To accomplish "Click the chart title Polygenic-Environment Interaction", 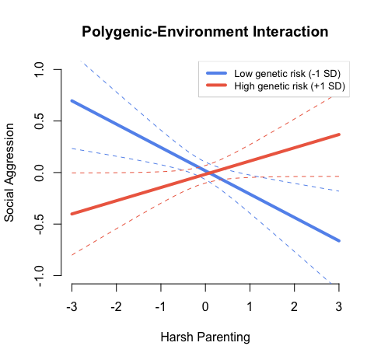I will click(x=205, y=33).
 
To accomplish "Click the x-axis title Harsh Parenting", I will click(x=205, y=338).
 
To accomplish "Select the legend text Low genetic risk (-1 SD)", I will click(x=288, y=73).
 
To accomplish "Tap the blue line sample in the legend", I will click(x=218, y=73).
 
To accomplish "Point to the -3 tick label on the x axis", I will click(x=71, y=306).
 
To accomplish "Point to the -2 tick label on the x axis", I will click(x=115, y=306).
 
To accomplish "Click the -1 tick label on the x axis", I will click(x=159, y=306).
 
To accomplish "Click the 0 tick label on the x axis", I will click(x=205, y=306).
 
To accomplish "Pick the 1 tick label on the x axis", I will click(x=250, y=306).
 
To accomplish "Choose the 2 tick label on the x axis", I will click(x=295, y=306).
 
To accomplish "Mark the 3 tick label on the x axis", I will click(x=339, y=306).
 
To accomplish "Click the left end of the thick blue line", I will click(x=72, y=101).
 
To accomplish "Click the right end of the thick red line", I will click(x=339, y=135).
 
